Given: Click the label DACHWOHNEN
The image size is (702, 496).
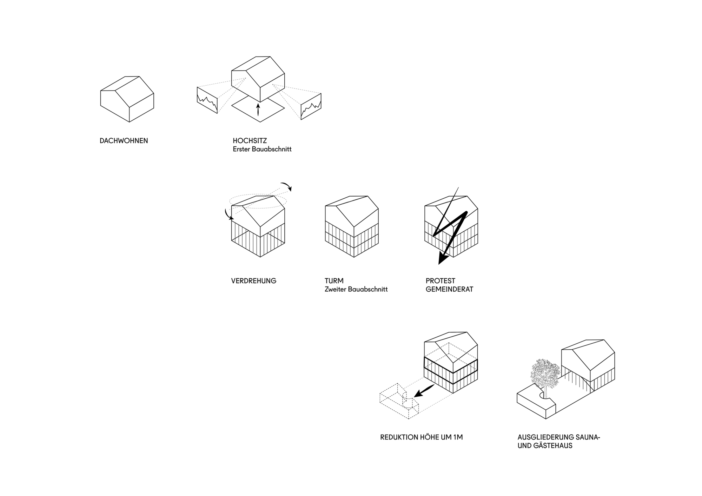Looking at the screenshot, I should (124, 141).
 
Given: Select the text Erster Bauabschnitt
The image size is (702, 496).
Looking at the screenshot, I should (262, 149).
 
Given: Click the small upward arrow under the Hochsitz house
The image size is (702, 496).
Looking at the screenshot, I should (258, 109).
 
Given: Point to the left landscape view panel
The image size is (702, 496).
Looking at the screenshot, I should (207, 100).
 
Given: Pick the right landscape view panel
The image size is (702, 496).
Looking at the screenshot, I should (311, 106).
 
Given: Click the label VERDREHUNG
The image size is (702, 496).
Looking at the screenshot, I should (253, 281).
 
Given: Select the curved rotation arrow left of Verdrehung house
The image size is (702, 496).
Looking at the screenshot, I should (228, 214).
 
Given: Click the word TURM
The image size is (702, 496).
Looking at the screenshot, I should (334, 281).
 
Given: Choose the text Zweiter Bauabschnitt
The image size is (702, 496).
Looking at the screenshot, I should (356, 290).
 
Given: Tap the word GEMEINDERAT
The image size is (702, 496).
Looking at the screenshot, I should (449, 290).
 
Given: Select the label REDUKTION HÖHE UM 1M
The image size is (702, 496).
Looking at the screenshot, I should (421, 437).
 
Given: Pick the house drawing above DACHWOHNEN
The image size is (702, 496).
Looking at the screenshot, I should (127, 99).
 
